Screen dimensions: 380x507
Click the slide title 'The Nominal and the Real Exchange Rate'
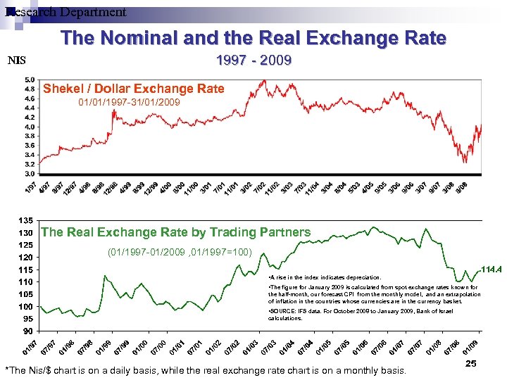254,38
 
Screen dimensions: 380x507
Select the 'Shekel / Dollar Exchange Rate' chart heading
134,89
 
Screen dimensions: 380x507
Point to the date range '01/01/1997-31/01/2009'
129,103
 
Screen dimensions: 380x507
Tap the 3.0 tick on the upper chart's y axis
31,173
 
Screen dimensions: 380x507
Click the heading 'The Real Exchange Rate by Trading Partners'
176,232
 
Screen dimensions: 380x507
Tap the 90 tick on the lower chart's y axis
29,331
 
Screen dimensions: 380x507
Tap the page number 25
471,364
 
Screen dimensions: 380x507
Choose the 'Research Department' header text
65,12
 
